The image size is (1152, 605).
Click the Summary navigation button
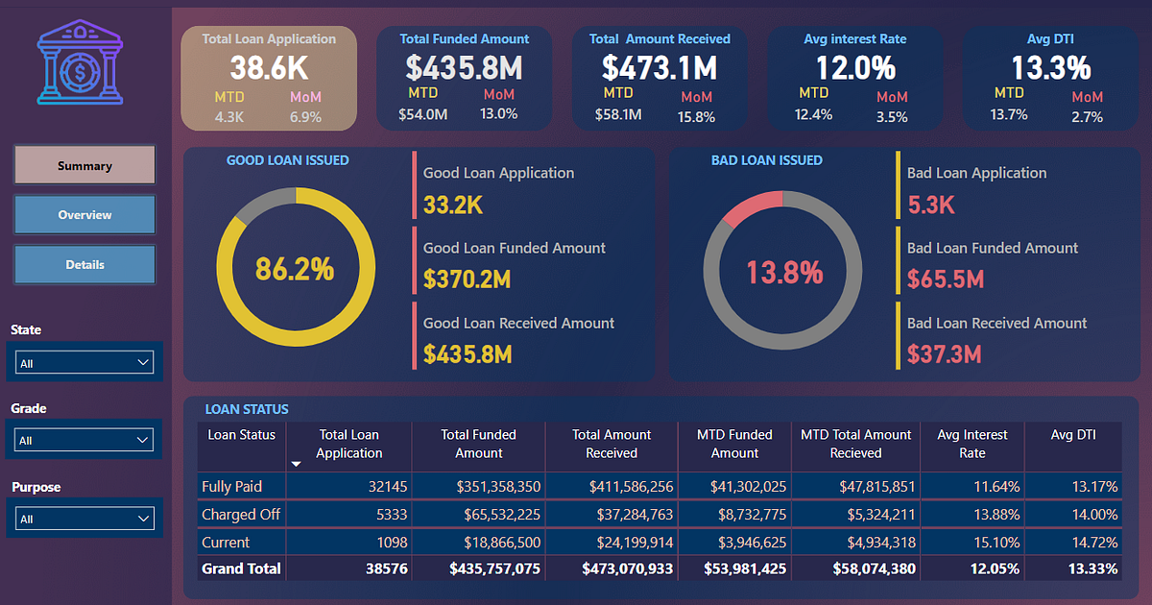[84, 165]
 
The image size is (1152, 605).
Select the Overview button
[84, 215]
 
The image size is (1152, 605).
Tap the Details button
[84, 264]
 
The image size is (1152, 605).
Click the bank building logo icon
[80, 64]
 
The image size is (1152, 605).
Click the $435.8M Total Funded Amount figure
[464, 67]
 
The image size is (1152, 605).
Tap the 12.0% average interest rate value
[855, 67]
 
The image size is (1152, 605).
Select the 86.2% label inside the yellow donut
[295, 269]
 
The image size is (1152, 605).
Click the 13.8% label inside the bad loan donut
[784, 273]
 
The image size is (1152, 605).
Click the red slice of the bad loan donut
[753, 206]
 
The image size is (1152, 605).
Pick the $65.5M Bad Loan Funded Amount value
[946, 279]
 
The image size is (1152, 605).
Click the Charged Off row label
[240, 514]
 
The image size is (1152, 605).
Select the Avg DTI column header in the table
[1073, 435]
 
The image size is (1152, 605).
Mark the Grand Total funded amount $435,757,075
[494, 569]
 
